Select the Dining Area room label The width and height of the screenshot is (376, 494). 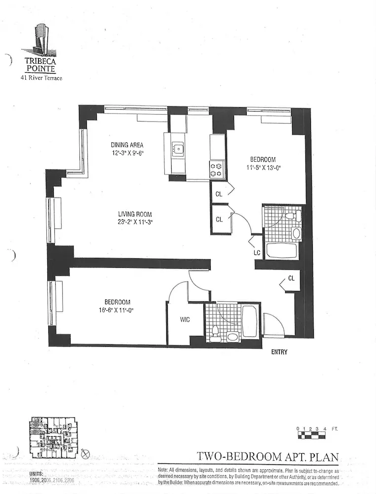click(127, 145)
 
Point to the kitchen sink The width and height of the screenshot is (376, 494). click(178, 148)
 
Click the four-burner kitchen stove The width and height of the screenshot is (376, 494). click(217, 169)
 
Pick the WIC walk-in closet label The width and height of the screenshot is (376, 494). click(184, 320)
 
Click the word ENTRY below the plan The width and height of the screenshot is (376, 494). click(279, 352)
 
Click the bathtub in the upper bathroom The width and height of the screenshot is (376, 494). click(282, 249)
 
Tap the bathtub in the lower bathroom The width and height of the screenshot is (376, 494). click(250, 321)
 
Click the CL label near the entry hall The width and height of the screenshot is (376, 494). click(291, 278)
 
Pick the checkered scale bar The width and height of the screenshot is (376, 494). click(311, 435)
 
